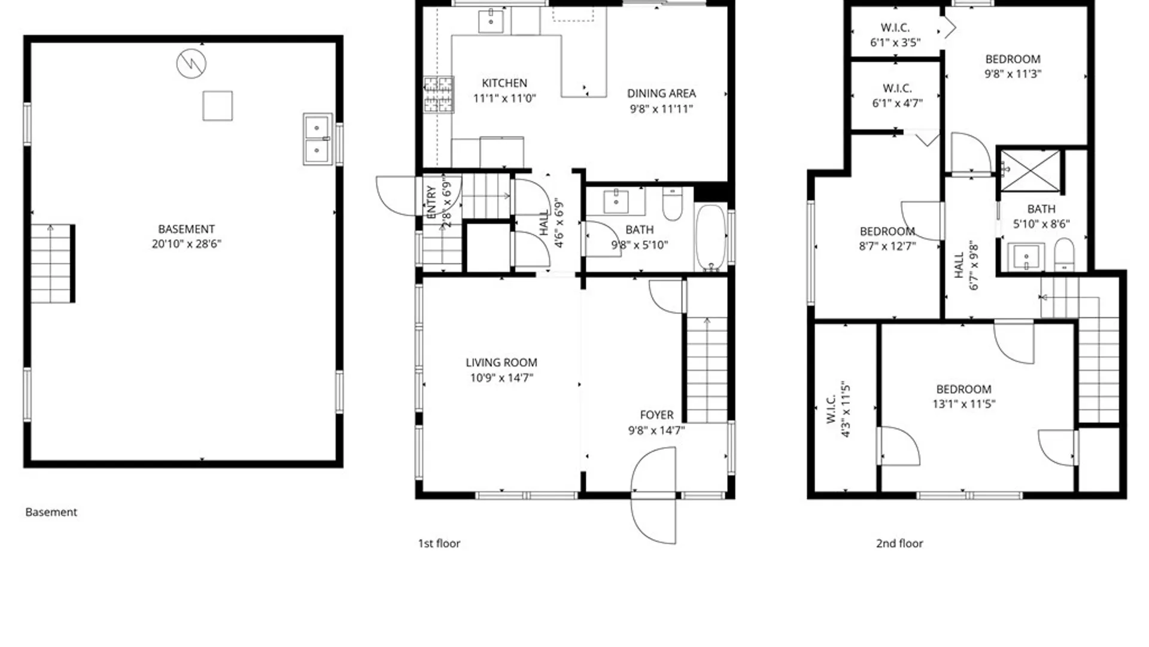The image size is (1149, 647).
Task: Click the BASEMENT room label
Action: [x=186, y=229]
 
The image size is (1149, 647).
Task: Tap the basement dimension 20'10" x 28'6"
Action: [x=186, y=244]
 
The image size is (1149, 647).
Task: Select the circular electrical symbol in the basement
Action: [x=191, y=63]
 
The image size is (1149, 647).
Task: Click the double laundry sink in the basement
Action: [x=317, y=139]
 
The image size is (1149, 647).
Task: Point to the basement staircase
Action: [x=53, y=264]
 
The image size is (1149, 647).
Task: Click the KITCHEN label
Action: [x=504, y=83]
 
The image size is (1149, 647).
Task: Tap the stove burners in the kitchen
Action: [x=439, y=94]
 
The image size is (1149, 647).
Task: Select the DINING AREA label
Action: [x=661, y=93]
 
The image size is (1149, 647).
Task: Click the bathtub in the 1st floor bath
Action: [x=710, y=238]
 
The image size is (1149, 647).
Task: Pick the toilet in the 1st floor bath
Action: [x=673, y=204]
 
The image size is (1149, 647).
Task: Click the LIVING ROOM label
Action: [x=501, y=362]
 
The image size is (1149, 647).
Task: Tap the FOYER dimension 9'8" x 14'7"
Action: [x=656, y=430]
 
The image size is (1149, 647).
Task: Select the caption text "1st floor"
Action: [x=439, y=543]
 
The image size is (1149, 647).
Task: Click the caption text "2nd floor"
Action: [x=899, y=543]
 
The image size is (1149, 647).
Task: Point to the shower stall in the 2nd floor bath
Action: [x=1030, y=171]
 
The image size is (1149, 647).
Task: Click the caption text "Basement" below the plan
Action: [x=51, y=512]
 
